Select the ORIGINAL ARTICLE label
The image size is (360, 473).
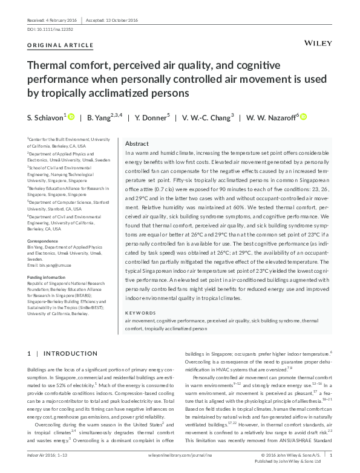pos(61,45)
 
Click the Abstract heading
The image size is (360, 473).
pos(137,143)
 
